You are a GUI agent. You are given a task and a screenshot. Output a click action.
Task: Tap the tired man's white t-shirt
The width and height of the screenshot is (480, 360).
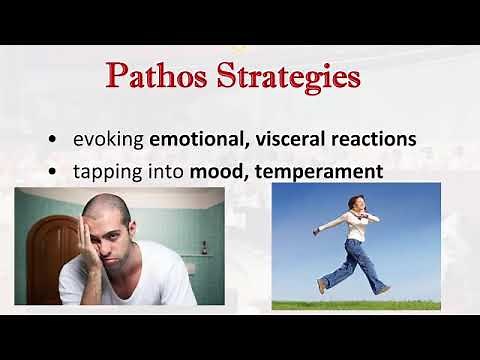140,289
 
